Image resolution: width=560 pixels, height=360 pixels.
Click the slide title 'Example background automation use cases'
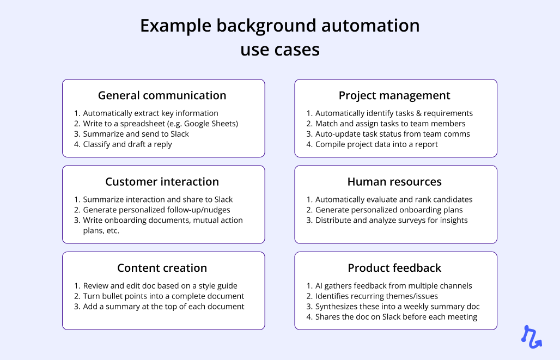[279, 37]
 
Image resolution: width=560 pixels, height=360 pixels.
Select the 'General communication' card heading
[162, 95]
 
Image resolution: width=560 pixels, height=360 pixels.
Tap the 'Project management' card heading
[394, 95]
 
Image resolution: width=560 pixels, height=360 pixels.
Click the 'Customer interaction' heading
[162, 182]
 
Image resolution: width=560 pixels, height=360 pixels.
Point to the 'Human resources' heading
[394, 182]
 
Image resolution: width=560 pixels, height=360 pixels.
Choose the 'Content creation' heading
[162, 268]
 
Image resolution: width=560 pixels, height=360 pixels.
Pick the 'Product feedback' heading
[394, 268]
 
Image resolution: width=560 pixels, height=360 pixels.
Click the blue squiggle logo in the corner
[531, 336]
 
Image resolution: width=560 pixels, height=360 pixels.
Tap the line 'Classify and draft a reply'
[127, 144]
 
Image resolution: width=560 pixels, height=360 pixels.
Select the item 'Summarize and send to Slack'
[136, 134]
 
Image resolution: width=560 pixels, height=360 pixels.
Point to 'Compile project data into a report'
[376, 144]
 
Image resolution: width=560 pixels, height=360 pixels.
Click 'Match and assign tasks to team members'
[390, 124]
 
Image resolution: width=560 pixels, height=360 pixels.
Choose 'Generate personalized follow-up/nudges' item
[156, 210]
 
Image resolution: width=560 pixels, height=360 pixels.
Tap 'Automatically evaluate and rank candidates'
[394, 199]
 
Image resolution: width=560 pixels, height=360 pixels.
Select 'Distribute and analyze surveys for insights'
[391, 220]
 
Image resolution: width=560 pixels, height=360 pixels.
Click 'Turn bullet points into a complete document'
[163, 296]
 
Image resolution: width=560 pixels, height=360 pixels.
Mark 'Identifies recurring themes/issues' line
[376, 296]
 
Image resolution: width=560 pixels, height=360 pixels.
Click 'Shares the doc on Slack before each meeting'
[396, 317]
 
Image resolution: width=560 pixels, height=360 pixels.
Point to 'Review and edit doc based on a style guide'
[160, 286]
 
